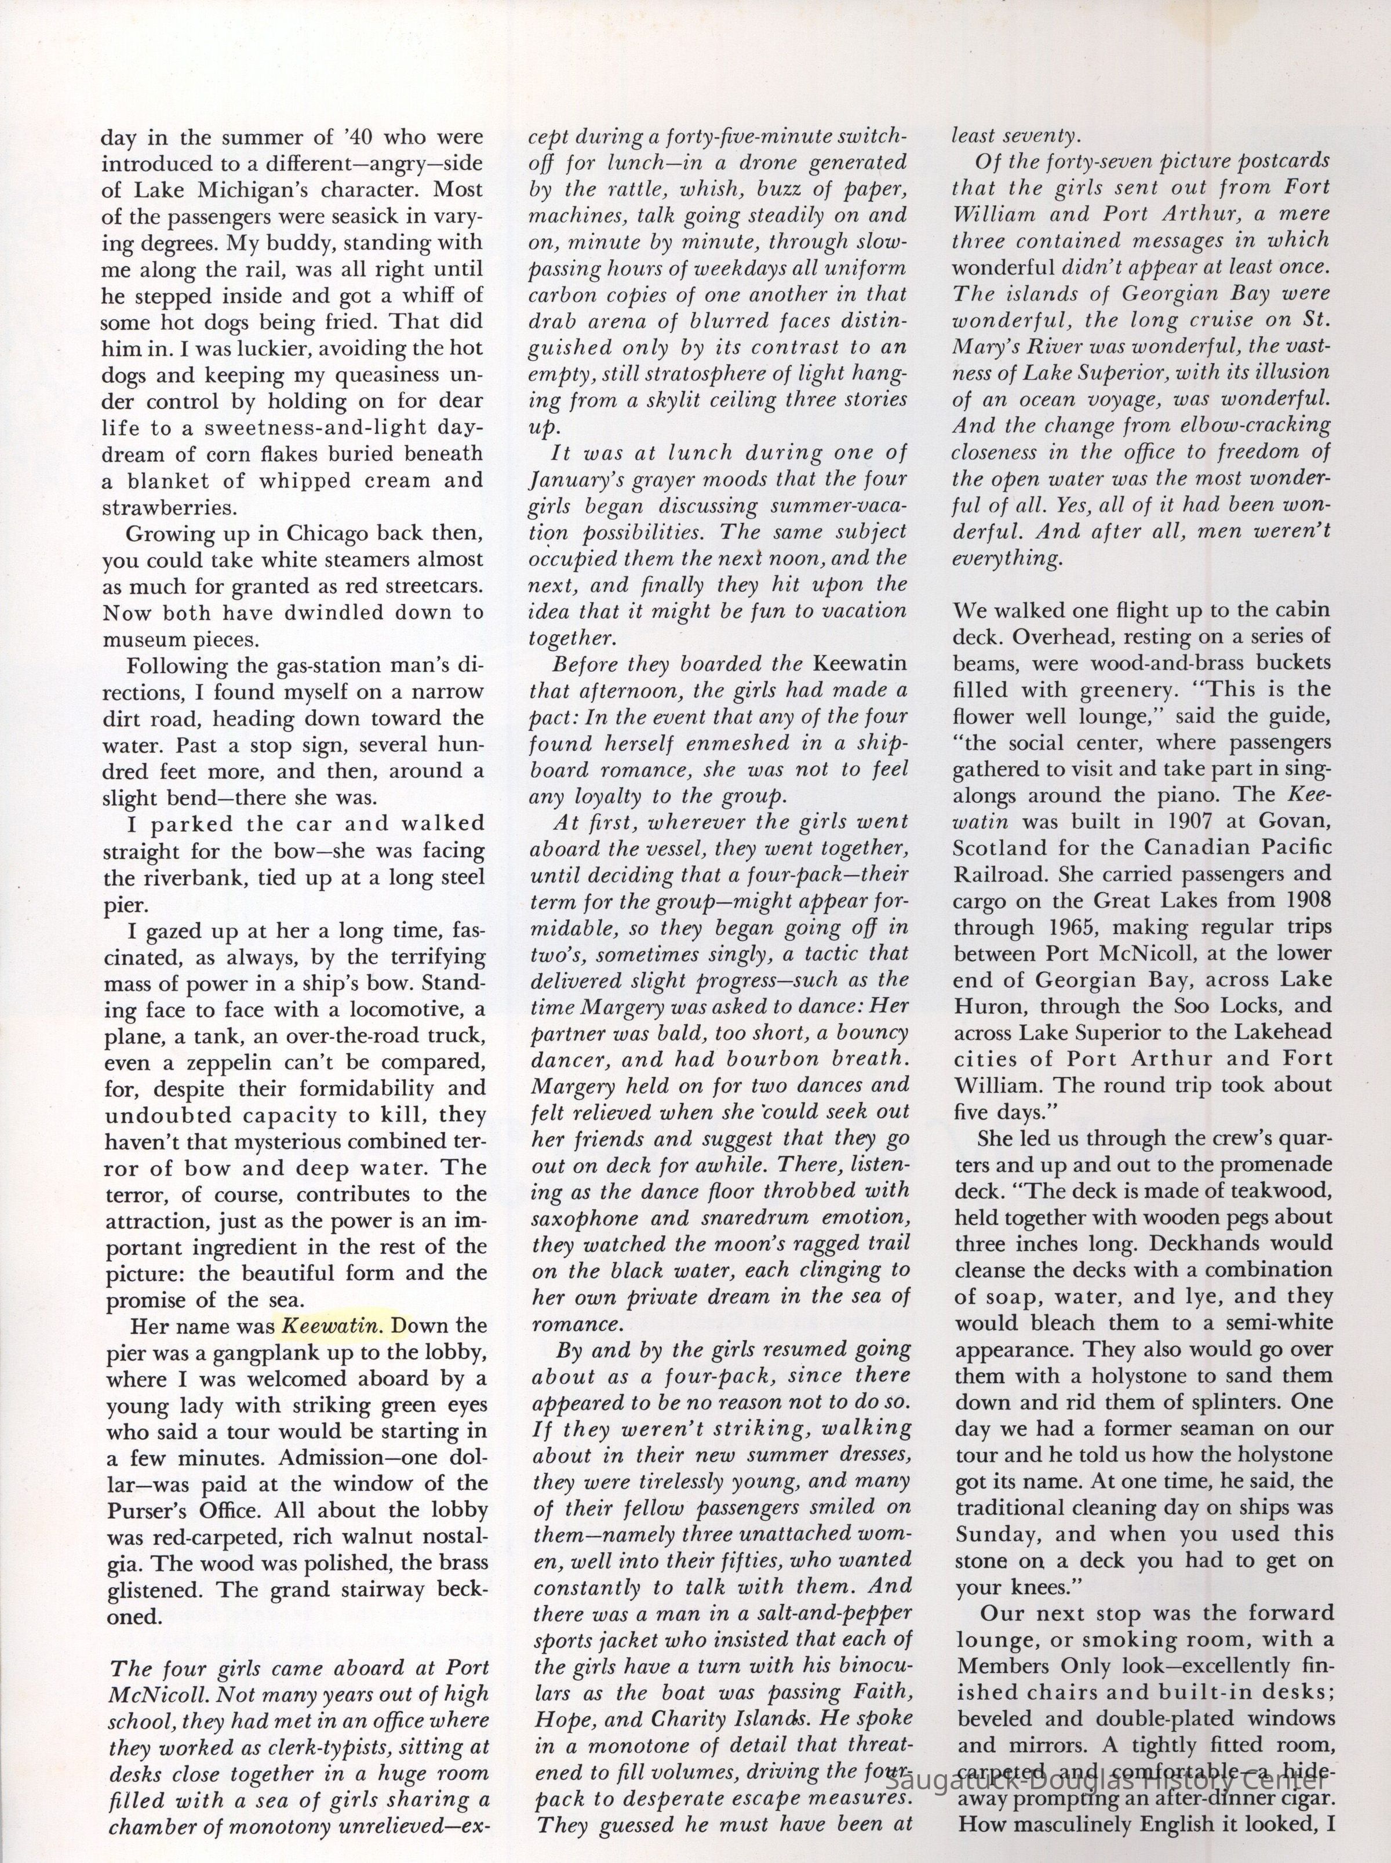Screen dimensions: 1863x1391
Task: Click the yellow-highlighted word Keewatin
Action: [x=332, y=1326]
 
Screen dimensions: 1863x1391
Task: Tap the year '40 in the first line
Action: [x=355, y=136]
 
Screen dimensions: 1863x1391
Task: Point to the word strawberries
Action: [x=169, y=508]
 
